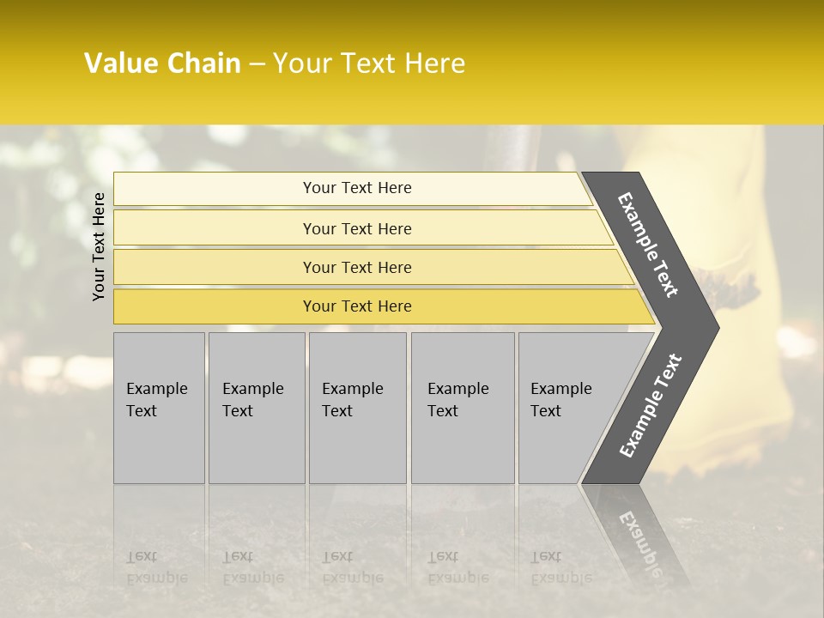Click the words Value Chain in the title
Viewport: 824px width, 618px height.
pos(162,64)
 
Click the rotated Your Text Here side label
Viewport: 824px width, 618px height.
pos(99,246)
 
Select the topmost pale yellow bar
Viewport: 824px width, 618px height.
pos(215,189)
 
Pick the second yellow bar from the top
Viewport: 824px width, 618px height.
pos(215,228)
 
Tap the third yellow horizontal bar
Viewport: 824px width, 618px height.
pos(215,267)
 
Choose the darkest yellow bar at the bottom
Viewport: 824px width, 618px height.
pos(215,306)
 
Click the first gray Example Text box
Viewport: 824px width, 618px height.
pos(159,408)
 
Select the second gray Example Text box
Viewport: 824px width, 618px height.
pos(257,408)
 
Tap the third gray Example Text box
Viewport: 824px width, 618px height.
pos(357,408)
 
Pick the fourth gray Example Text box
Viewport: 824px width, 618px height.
pos(463,408)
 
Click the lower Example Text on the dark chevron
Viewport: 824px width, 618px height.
pos(651,406)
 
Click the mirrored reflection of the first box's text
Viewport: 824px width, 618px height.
pos(157,567)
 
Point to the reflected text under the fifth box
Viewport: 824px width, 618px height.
pos(561,567)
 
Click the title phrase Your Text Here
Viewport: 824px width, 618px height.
pos(369,64)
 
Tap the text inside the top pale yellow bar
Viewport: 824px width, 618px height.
pos(357,188)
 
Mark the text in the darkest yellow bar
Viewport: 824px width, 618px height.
pos(357,306)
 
